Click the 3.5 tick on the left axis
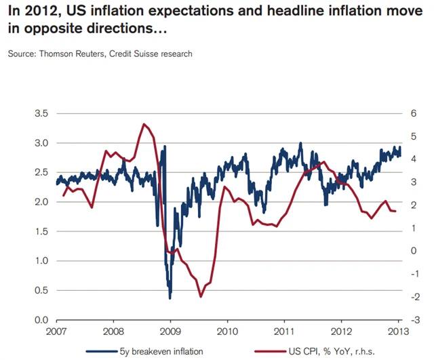(41, 114)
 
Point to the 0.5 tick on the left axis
(41, 291)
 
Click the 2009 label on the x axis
(170, 332)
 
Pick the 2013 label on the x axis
(399, 332)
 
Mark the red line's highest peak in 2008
(144, 124)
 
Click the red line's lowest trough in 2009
(201, 297)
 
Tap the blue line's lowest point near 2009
(170, 298)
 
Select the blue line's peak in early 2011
(300, 143)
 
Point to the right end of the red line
(396, 212)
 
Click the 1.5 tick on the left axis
(41, 232)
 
